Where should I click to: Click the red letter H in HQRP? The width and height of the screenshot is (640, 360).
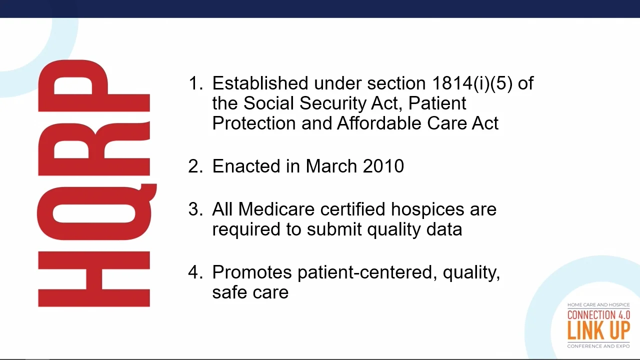(94, 279)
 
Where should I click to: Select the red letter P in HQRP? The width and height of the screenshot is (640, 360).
(94, 85)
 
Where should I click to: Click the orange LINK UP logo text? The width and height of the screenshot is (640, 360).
(598, 331)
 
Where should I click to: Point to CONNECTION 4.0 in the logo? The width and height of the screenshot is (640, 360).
(598, 315)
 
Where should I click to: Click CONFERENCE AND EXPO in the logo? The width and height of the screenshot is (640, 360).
(598, 346)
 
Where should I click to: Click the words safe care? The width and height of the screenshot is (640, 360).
(250, 292)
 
